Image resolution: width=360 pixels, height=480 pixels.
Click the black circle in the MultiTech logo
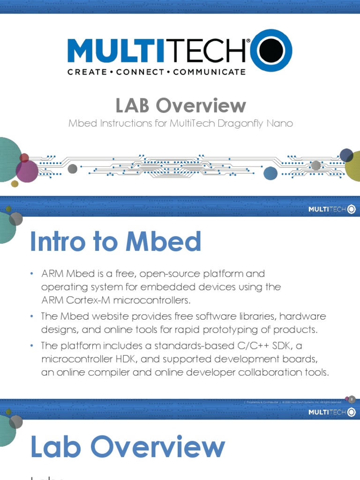click(272, 51)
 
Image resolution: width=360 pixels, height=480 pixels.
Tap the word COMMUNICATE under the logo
click(209, 72)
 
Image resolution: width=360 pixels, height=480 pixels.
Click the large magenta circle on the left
click(27, 171)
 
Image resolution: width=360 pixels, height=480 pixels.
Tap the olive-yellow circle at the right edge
click(354, 166)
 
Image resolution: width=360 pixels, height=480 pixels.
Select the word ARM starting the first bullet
click(51, 273)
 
